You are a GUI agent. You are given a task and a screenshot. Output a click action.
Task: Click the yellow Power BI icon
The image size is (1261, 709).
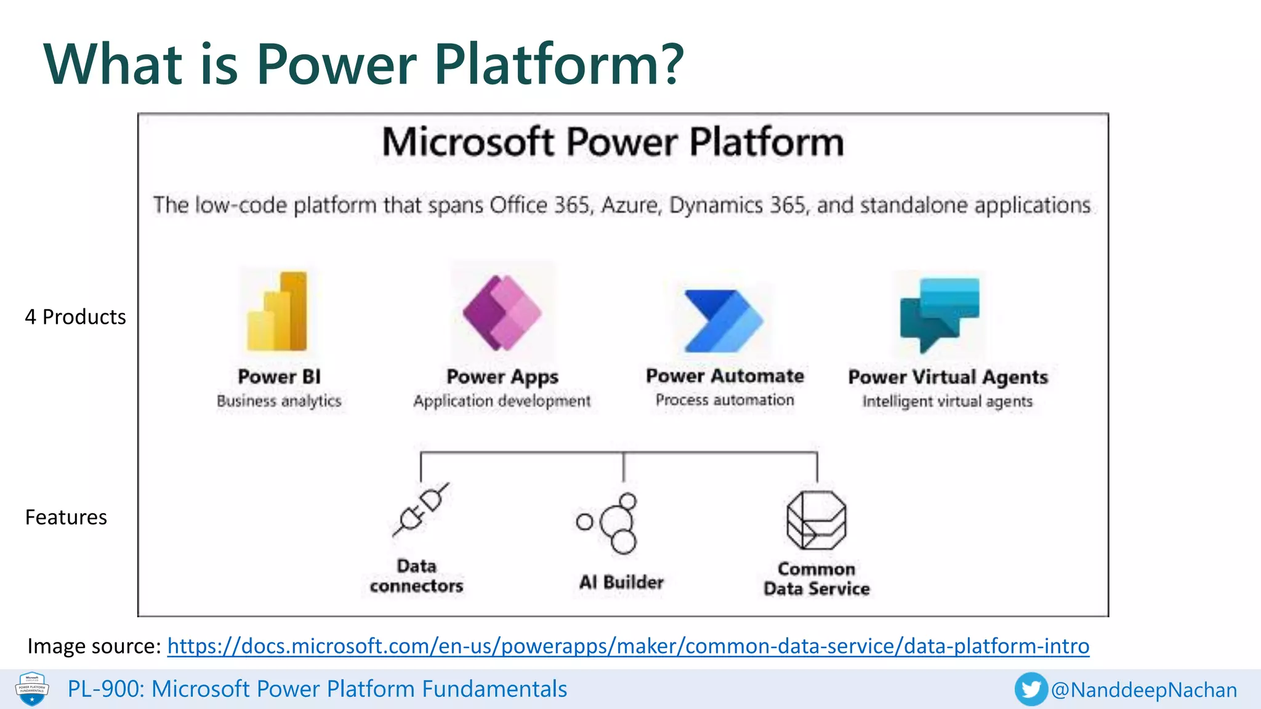coord(277,311)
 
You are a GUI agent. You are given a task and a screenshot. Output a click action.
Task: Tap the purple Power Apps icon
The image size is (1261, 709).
coord(502,313)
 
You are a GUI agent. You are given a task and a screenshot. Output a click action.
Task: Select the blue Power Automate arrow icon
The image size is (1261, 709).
coord(723,321)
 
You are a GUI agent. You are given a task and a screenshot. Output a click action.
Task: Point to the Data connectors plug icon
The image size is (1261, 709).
coord(421,510)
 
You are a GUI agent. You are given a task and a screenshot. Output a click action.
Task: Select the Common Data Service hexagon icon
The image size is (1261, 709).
coord(816,521)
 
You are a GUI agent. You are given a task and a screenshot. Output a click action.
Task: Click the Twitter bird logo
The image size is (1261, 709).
coord(1031,689)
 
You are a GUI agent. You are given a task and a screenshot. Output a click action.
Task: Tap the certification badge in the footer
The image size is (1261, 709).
coord(32,689)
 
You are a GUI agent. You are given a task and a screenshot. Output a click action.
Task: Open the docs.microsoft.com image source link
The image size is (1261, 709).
coord(628,646)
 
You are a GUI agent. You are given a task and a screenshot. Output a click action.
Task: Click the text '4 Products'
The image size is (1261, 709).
coord(75,317)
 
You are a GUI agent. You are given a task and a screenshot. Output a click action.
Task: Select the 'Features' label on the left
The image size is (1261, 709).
coord(66,518)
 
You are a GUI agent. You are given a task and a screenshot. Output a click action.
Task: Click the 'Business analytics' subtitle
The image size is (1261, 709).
coord(279,401)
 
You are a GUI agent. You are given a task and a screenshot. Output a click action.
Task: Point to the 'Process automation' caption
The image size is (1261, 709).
coord(725,400)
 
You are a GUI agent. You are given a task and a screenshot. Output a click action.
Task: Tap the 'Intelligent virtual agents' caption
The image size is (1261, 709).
coord(947,402)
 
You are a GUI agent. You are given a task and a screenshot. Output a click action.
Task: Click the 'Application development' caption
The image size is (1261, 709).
coord(502,401)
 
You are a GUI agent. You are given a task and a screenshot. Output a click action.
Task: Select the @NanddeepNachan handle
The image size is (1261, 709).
coord(1144,690)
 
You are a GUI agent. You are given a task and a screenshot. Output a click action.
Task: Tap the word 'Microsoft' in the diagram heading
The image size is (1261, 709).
coord(468,142)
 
